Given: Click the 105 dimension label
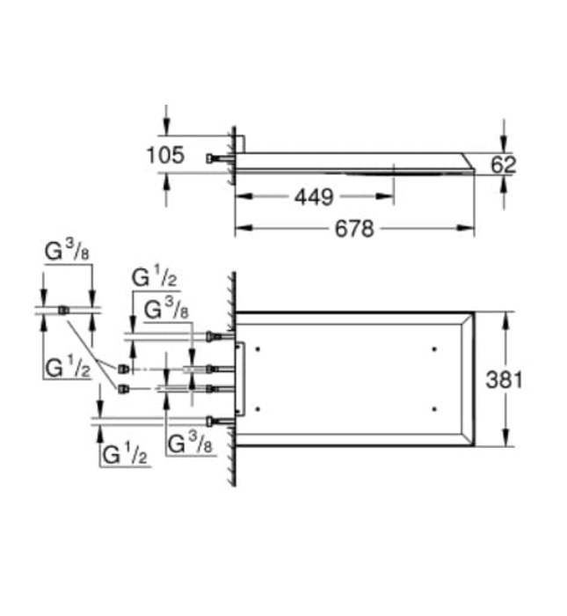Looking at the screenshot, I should click(x=164, y=156).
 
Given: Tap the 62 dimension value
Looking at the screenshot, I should click(x=504, y=163).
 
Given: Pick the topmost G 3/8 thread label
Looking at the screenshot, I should click(x=67, y=253).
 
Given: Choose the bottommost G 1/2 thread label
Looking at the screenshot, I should click(x=123, y=455).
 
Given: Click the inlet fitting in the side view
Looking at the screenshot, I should click(x=213, y=158).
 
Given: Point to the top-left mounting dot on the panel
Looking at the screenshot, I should click(x=258, y=349).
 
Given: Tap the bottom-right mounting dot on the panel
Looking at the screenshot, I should click(x=435, y=408).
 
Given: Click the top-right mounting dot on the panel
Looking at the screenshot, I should click(x=435, y=349).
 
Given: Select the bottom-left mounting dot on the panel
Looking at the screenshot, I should click(x=258, y=408).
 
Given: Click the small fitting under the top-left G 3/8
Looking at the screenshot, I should click(x=63, y=309).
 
